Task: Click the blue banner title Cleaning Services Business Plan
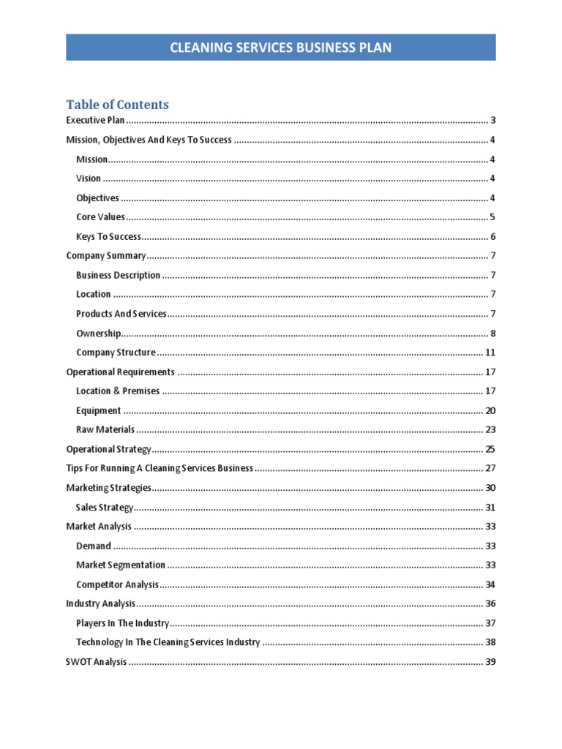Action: point(280,48)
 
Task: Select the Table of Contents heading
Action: point(117,105)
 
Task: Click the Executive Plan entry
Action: point(95,121)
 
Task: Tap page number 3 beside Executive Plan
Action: point(493,121)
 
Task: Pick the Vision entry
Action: point(89,178)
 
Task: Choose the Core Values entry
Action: point(100,217)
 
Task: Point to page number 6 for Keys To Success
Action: point(493,237)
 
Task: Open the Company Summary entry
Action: point(106,256)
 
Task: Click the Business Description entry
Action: point(118,276)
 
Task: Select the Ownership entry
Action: point(99,334)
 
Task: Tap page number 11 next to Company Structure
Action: point(490,353)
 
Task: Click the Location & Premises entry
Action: point(117,391)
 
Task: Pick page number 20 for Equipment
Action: point(490,411)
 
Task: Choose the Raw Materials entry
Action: point(105,430)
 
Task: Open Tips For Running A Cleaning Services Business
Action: point(160,468)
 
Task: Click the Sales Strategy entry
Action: point(105,507)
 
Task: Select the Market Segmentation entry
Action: point(121,565)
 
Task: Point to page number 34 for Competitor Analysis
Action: point(490,584)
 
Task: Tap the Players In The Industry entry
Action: point(122,623)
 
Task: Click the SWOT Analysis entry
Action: point(97,662)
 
